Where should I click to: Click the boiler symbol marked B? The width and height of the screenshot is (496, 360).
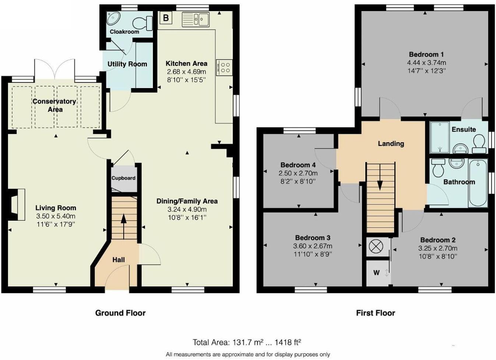click(x=166, y=18)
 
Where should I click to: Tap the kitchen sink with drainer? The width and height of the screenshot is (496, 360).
click(x=196, y=20)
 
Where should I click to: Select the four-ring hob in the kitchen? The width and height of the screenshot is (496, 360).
click(x=224, y=67)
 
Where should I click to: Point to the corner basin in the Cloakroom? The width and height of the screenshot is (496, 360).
click(x=113, y=18)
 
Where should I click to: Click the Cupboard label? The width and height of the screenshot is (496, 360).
click(x=123, y=178)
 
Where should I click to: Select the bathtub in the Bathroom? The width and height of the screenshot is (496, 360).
click(x=478, y=183)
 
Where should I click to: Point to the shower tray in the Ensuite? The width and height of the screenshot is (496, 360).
click(x=439, y=137)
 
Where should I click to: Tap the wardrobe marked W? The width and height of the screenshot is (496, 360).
click(x=379, y=273)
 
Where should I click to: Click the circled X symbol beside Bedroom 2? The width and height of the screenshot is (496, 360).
click(x=376, y=247)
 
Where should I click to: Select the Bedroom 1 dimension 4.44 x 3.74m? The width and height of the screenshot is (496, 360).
click(x=426, y=63)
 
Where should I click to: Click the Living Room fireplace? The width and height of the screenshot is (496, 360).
click(x=17, y=205)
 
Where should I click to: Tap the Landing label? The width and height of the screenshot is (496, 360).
click(x=391, y=144)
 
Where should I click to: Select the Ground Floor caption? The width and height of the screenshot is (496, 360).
click(x=120, y=313)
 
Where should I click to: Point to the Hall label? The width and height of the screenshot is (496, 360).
click(x=119, y=260)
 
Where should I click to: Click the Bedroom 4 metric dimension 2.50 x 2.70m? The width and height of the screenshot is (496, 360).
click(x=298, y=173)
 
